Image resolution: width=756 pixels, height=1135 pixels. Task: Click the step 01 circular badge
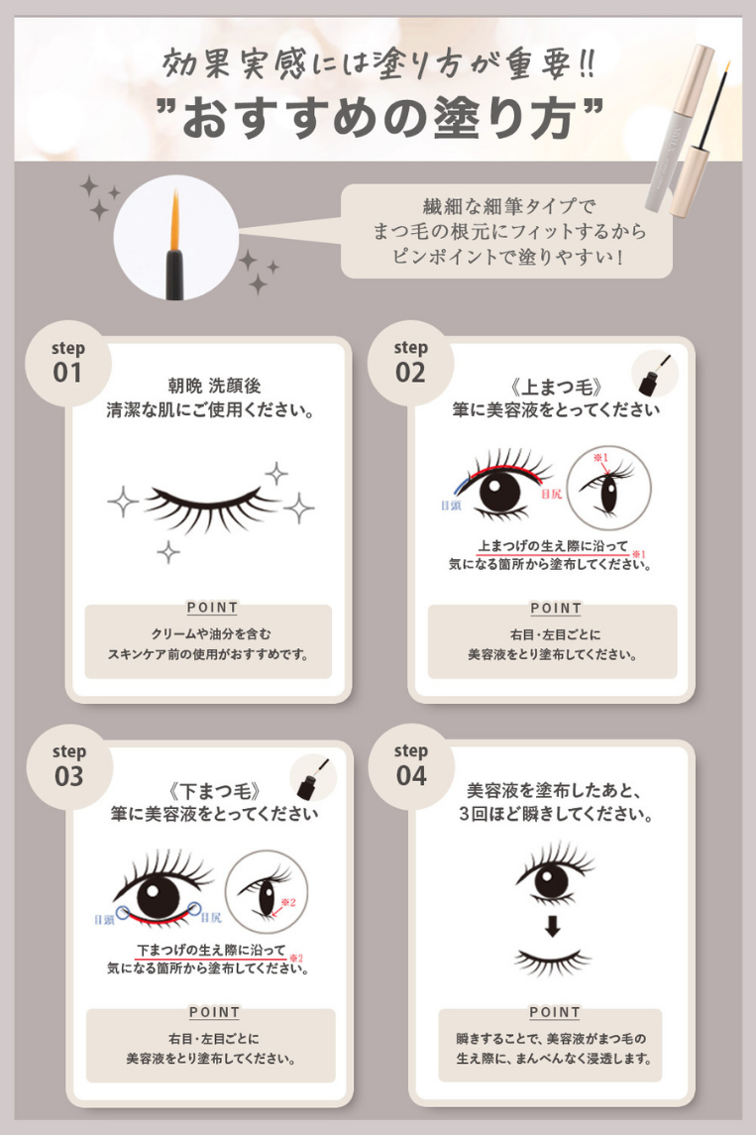pyautogui.click(x=68, y=364)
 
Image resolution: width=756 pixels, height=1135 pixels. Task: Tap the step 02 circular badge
pyautogui.click(x=410, y=364)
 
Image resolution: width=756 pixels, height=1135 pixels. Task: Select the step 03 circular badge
pyautogui.click(x=69, y=767)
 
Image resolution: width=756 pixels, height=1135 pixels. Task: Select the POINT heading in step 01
pyautogui.click(x=212, y=608)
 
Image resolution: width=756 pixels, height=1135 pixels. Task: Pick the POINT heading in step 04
pyautogui.click(x=555, y=1012)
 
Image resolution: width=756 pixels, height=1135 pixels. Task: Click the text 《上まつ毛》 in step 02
pyautogui.click(x=556, y=388)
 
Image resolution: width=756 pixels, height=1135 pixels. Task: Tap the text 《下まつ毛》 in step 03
pyautogui.click(x=214, y=791)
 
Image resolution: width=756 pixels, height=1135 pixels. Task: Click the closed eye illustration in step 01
pyautogui.click(x=210, y=508)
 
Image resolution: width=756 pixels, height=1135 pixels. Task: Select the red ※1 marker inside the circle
pyautogui.click(x=600, y=458)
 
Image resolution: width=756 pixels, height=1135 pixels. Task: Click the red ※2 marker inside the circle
pyautogui.click(x=288, y=903)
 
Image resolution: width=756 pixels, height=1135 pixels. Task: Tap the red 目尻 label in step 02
pyautogui.click(x=551, y=494)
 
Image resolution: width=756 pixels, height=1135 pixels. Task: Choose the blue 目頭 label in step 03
pyautogui.click(x=104, y=919)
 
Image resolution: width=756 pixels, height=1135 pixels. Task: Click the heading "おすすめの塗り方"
pyautogui.click(x=379, y=118)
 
